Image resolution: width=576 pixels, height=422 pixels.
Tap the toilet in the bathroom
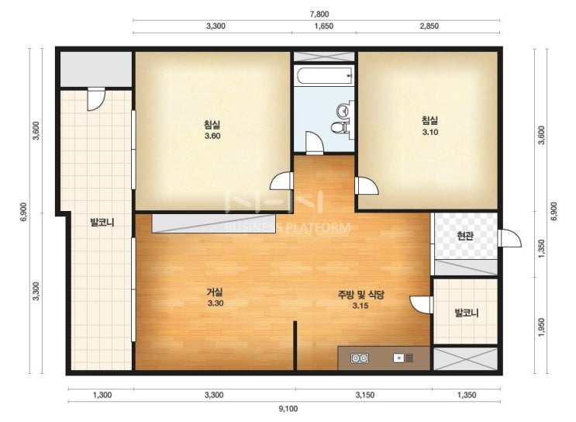coord(340,127)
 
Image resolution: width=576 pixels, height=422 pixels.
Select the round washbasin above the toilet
coord(344,110)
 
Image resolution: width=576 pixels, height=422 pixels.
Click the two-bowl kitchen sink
coord(360,358)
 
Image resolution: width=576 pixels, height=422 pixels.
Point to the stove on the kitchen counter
coord(404,358)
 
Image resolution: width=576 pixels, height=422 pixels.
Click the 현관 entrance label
coord(464,236)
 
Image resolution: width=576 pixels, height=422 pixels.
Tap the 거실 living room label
coord(215,292)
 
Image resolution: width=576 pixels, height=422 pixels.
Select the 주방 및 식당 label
coord(360,295)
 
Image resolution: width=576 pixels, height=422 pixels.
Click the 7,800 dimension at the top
coord(319,14)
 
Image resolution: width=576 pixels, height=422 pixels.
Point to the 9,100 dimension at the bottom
coord(288,408)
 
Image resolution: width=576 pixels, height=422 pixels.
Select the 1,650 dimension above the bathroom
coord(323,26)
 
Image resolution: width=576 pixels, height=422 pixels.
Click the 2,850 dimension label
coord(429,26)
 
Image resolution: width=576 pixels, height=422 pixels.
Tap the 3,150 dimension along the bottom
coord(365,395)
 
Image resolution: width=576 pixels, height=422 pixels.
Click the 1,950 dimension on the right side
coord(541,327)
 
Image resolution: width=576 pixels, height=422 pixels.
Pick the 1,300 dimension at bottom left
coord(102,395)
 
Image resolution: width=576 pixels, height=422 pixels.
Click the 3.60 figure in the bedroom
coord(212,136)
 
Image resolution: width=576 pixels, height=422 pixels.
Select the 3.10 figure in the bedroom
coord(429,133)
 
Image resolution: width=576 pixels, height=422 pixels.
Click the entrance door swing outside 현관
coord(509,238)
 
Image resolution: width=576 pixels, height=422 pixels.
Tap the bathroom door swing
coord(315,143)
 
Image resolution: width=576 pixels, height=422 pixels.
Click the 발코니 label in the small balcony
coord(467,313)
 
